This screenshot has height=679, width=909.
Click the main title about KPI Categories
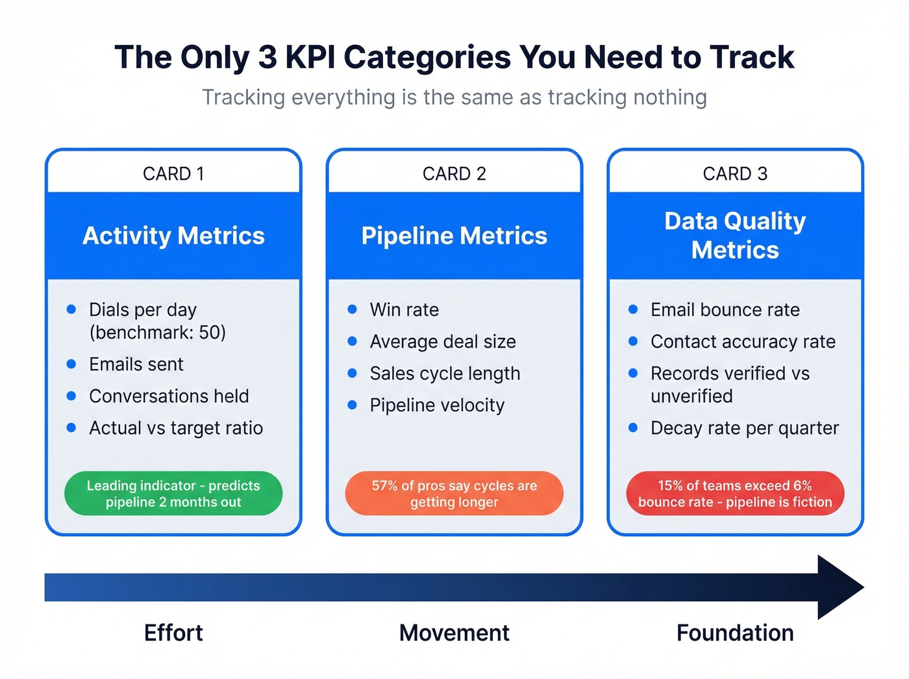click(454, 57)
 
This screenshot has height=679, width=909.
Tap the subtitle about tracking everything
click(454, 97)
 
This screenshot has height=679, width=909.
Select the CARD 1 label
click(173, 173)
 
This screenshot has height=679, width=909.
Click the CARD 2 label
click(454, 173)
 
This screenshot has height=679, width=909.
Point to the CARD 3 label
click(735, 173)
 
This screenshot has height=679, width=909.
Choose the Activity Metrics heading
click(173, 236)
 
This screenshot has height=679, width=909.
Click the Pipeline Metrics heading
click(454, 236)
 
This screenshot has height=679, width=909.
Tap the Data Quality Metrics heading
click(735, 235)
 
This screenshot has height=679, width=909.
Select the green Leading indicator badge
click(173, 494)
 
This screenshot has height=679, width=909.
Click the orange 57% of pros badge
click(454, 494)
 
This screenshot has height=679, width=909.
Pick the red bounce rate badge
click(735, 494)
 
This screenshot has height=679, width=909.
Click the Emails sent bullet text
click(136, 365)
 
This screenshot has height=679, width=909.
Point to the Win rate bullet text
click(404, 310)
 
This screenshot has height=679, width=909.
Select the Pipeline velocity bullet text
click(437, 405)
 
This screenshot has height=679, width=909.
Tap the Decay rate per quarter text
click(745, 428)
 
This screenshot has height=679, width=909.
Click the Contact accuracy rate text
click(743, 342)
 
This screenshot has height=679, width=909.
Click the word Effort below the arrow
click(173, 633)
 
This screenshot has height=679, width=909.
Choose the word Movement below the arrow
click(454, 633)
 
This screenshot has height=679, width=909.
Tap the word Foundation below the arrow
click(735, 633)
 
